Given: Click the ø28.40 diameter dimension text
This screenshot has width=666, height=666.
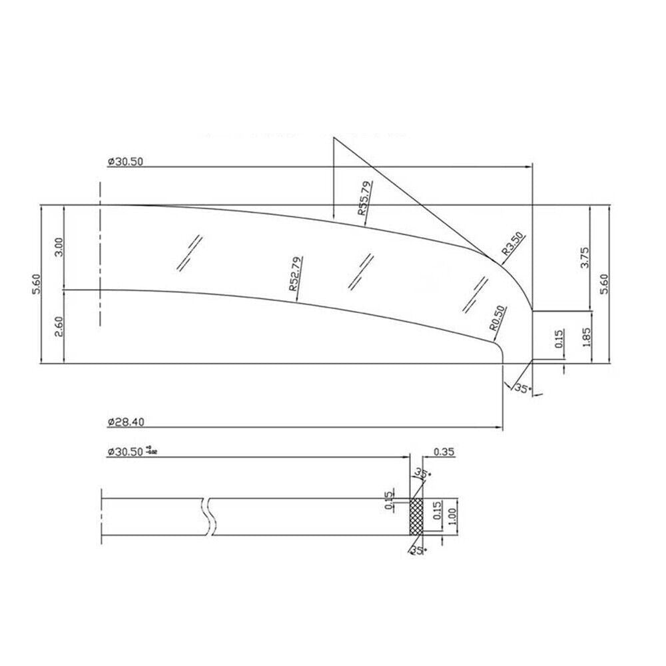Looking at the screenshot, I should pos(126,421).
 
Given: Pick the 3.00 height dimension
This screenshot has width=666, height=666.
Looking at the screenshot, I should pos(59,247).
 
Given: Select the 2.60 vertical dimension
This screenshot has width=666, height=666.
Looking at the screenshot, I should pos(59,327).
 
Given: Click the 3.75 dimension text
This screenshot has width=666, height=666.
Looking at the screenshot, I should pos(585,258).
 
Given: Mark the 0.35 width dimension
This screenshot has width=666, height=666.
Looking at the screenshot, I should pos(444,452).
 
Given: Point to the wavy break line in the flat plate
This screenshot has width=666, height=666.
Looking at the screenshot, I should pos(209,516).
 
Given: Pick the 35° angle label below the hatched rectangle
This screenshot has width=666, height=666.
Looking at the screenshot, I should pos(418,549).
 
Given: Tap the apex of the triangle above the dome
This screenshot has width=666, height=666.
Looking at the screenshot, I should pos(334,137).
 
